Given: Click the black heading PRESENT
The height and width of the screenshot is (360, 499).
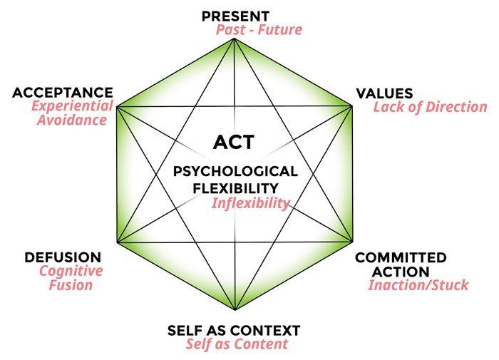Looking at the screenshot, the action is [235, 16].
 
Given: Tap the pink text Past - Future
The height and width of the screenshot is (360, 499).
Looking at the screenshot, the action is [259, 30].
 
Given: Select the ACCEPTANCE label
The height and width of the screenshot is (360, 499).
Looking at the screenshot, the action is [63, 93].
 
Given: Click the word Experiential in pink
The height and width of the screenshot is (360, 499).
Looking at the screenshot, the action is [72, 106].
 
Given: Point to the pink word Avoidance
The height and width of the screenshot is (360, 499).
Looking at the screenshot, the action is [72, 120].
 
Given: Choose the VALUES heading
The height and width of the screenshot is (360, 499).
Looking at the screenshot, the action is [384, 93].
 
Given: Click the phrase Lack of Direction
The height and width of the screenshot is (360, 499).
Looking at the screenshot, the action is [431, 107].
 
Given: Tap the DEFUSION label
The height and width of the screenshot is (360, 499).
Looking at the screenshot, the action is [63, 257].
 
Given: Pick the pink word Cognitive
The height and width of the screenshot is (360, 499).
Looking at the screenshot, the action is [71, 271].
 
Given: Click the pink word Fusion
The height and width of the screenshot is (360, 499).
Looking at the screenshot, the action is [71, 285].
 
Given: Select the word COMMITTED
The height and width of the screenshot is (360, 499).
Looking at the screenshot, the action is [401, 257].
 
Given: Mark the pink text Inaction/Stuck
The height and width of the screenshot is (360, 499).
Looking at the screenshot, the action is [418, 285].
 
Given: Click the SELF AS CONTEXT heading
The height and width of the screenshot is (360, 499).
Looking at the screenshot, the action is [234, 331].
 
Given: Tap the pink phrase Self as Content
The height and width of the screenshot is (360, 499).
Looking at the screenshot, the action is [237, 344].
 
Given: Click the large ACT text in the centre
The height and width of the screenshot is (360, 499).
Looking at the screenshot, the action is [234, 142].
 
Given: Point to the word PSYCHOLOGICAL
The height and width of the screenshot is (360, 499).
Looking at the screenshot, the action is [235, 172].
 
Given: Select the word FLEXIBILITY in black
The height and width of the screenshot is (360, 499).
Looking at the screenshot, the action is [235, 188].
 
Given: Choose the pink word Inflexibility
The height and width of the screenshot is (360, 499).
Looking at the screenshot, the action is [251, 203].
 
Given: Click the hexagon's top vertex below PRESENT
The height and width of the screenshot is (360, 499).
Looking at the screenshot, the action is [235, 38].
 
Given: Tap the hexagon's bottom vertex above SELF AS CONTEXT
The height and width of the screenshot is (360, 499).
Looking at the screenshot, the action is [235, 309].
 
